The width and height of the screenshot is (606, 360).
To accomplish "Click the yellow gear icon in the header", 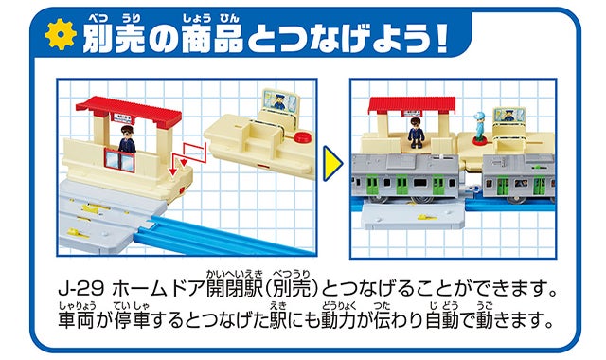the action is click(x=61, y=34).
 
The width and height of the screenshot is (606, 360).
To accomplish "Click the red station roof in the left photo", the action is click(x=129, y=111).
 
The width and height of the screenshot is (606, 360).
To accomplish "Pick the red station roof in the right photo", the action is click(x=412, y=105).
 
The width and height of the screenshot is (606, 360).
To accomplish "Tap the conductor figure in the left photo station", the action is click(x=127, y=140).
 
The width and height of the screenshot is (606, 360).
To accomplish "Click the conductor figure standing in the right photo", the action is click(x=417, y=133).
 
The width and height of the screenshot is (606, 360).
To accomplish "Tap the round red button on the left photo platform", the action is click(x=302, y=136).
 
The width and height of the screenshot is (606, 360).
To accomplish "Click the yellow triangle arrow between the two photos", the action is click(x=332, y=163).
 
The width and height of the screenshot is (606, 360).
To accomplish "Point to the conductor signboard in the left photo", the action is click(x=280, y=100).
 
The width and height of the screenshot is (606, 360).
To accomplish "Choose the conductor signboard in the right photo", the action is click(x=508, y=116).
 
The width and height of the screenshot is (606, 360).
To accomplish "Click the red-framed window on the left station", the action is click(x=119, y=160).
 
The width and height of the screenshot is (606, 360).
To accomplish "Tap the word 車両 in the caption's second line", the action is click(x=76, y=320).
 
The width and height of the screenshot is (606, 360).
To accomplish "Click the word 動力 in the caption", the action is click(x=338, y=320).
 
